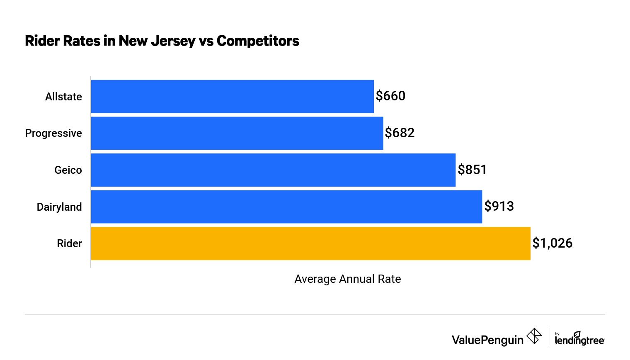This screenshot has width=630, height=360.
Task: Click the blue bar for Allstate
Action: (232, 96)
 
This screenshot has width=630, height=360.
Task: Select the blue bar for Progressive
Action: (237, 133)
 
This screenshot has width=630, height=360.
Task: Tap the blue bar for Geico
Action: (273, 170)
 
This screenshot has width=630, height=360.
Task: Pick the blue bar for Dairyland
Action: (286, 207)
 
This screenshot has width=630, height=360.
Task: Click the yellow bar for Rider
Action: (310, 243)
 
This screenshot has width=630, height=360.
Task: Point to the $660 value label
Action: (390, 96)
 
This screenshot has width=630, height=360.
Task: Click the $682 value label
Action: (400, 133)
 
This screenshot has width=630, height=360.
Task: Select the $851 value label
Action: (472, 170)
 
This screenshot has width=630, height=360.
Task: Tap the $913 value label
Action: (499, 207)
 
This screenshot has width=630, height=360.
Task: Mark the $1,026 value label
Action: (552, 243)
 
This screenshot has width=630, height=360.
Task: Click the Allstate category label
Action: (63, 97)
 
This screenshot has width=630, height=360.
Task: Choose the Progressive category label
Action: (53, 133)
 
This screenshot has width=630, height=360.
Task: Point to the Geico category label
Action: (68, 170)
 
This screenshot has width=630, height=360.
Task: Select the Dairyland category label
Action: (59, 207)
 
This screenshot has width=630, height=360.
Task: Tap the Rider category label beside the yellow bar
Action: (69, 243)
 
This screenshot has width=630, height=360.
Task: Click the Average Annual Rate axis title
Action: (347, 279)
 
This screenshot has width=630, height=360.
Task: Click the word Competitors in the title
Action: (257, 41)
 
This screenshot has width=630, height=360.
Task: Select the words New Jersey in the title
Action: (157, 41)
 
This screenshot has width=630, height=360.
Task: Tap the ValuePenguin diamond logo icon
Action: (534, 336)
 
